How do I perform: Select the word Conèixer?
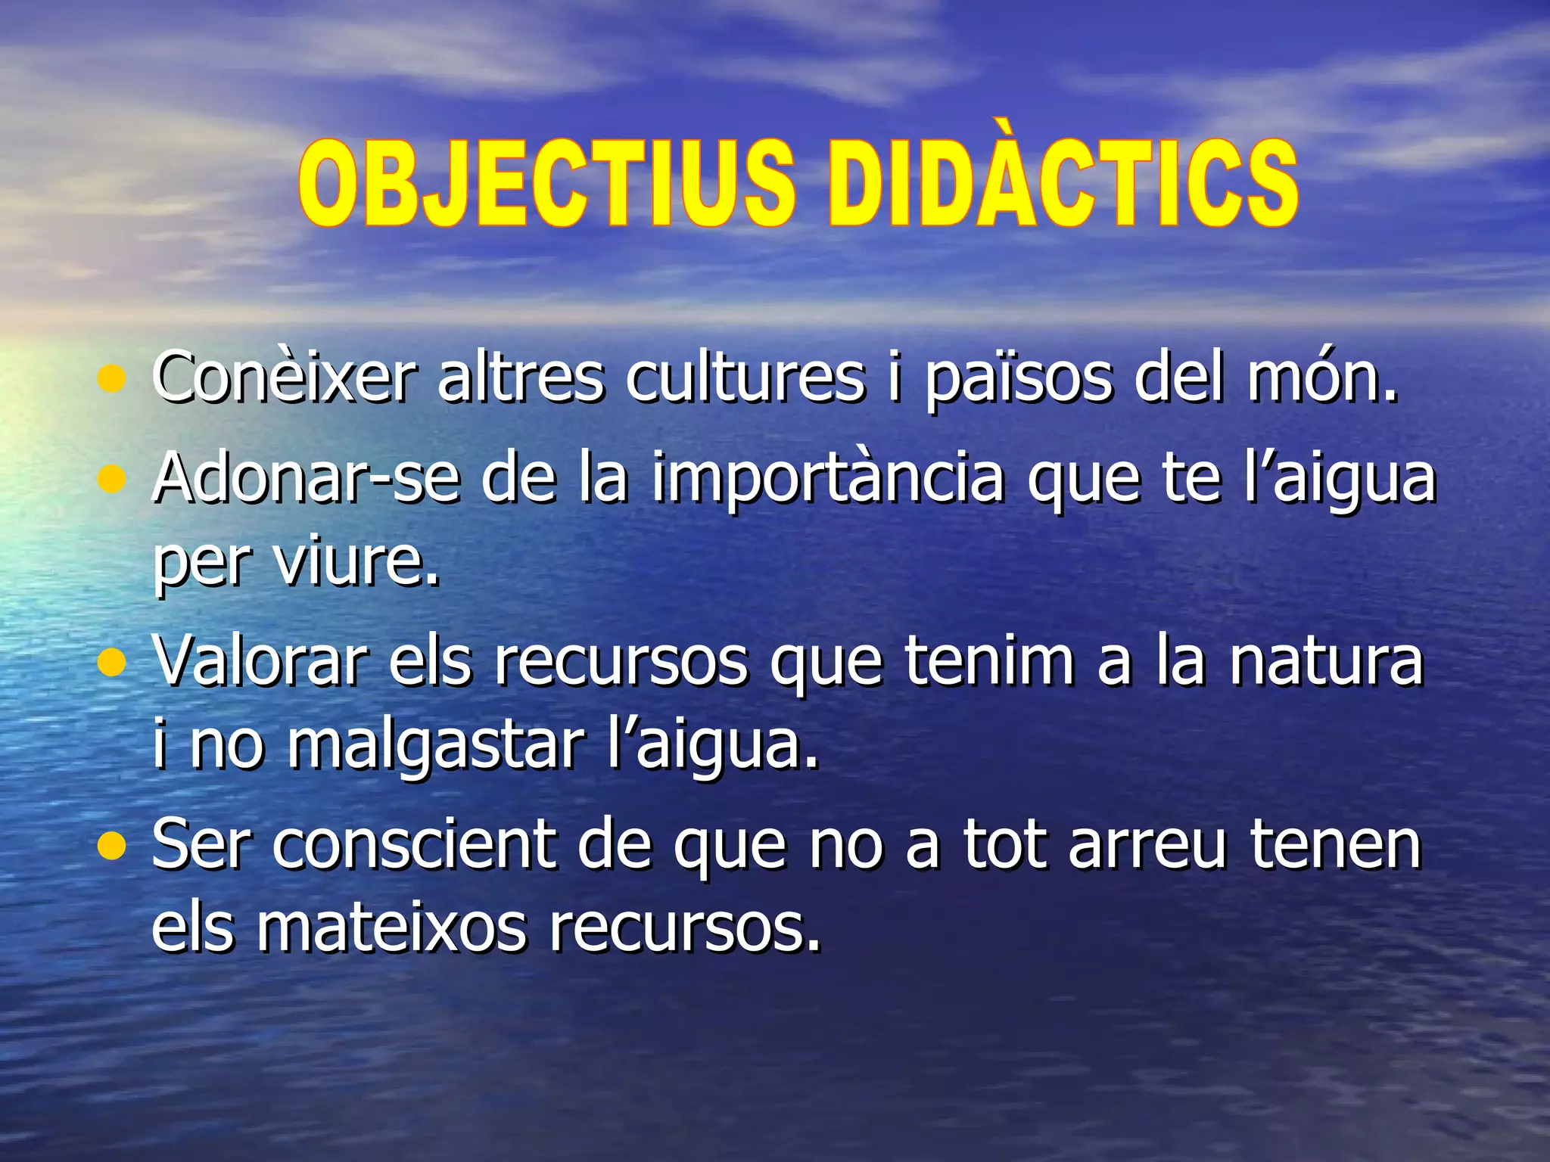click(284, 376)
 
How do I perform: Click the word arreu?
click(1146, 844)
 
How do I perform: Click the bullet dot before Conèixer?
click(111, 379)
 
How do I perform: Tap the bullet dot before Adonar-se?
click(111, 478)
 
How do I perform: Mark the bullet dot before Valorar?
click(111, 663)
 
